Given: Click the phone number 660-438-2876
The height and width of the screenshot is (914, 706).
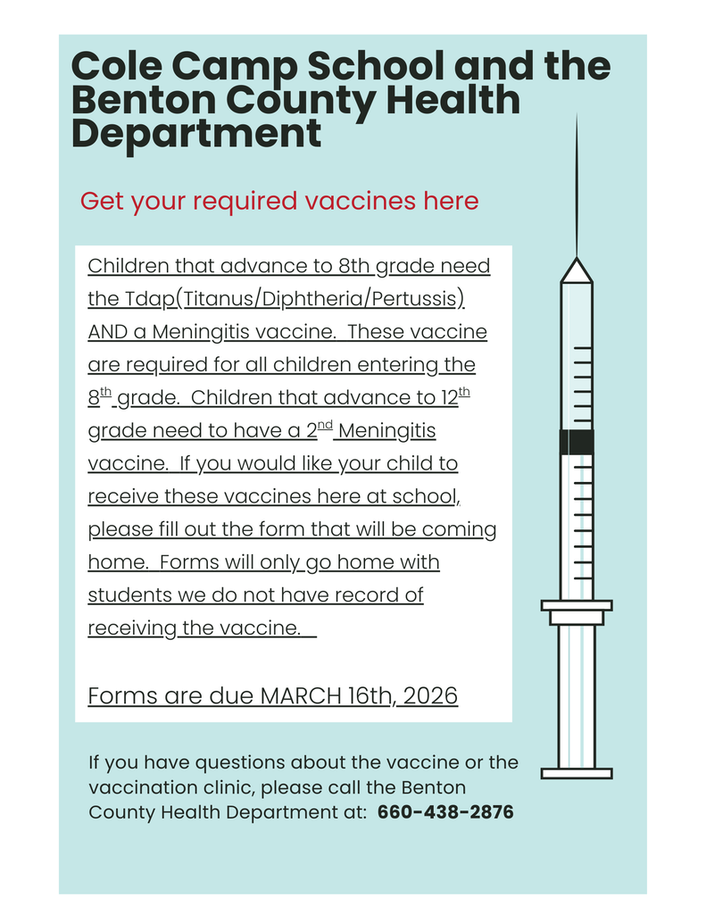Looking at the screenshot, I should point(445,813).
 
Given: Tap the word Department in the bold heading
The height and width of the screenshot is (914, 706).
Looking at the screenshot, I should point(196,134).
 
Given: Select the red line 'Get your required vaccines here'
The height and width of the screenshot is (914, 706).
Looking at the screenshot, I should point(279,201).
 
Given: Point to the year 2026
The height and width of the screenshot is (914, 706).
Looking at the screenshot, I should point(431,696).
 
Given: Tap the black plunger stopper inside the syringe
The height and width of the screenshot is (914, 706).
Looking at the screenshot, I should point(577,442).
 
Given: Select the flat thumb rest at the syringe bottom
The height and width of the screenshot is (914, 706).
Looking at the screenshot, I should point(577,773).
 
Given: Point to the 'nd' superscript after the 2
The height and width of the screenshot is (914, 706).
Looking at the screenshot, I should point(326,425).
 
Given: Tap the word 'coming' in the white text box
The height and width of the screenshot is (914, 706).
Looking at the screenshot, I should point(459,529).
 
